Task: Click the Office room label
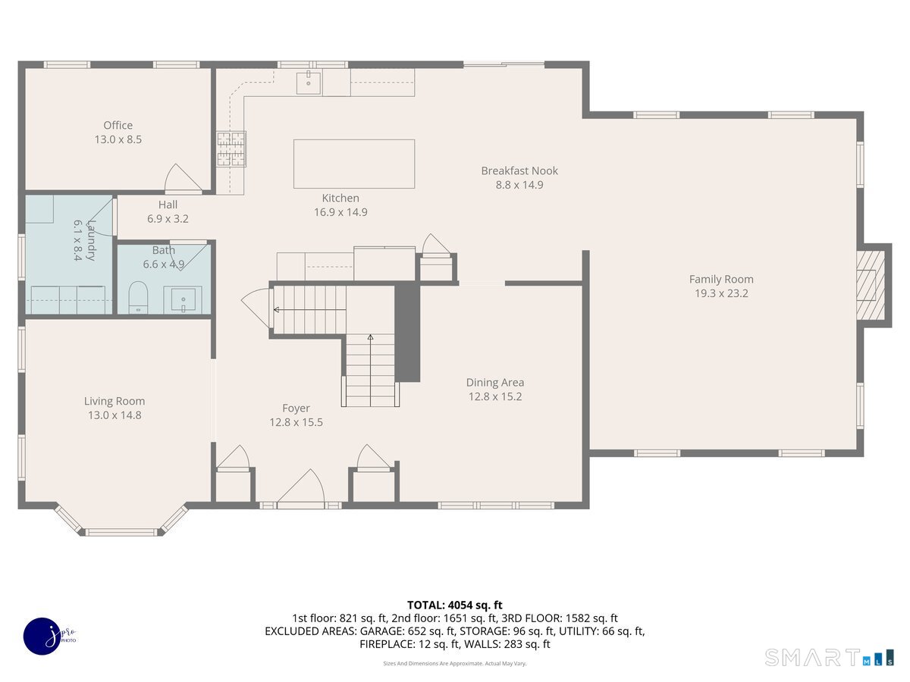click(118, 126)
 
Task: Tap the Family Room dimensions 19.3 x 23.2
click(721, 293)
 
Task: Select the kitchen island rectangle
click(354, 164)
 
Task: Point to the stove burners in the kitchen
click(231, 149)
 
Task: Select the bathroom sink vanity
click(183, 300)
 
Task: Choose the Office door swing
click(180, 178)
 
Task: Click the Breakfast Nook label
click(519, 170)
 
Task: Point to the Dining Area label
click(494, 383)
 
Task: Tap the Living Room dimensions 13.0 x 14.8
click(115, 415)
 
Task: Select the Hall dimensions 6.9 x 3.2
click(168, 218)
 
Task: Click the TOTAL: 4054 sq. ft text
click(454, 605)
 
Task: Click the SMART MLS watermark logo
click(829, 657)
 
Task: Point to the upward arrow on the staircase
click(370, 337)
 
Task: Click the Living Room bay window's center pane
click(121, 532)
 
